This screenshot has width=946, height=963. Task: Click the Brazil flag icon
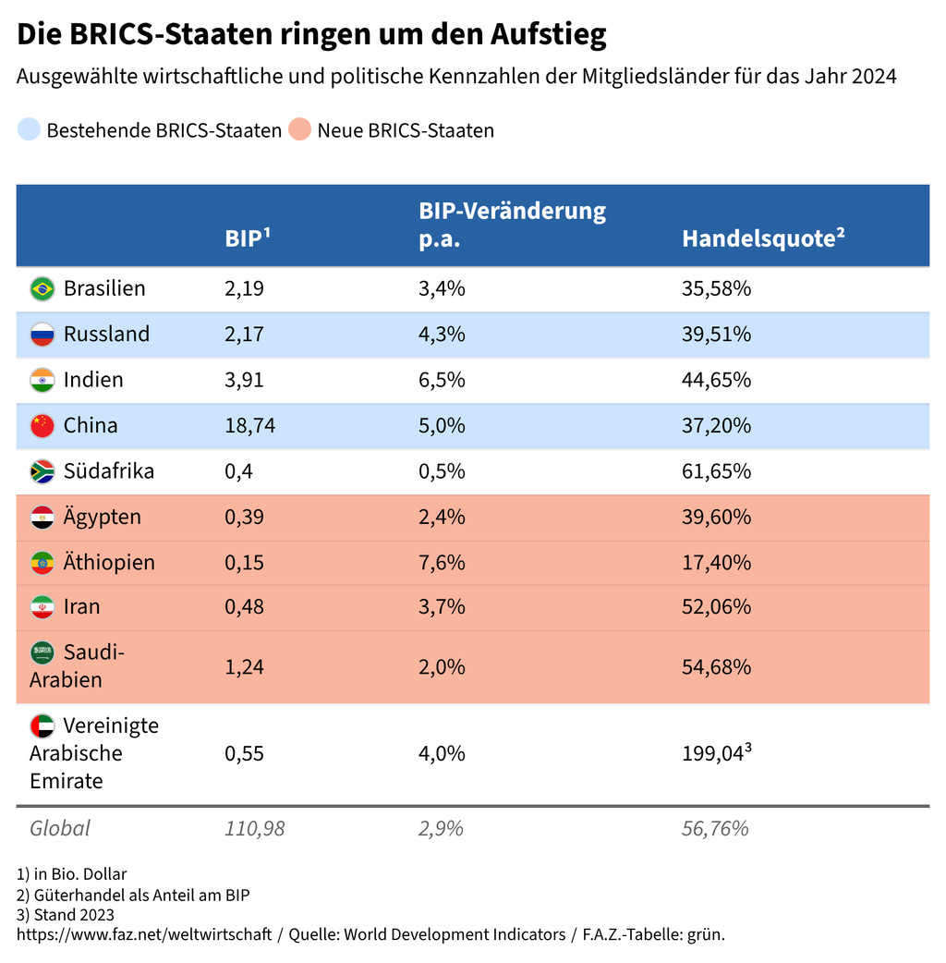42,288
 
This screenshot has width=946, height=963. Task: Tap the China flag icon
42,426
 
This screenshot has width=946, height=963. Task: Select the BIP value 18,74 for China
249,426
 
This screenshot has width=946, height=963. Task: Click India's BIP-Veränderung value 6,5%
442,380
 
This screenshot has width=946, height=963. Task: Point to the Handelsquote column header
763,238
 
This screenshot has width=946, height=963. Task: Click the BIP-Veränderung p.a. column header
512,225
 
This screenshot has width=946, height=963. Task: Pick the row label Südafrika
108,471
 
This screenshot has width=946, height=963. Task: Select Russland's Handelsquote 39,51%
716,335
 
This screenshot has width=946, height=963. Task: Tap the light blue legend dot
29,130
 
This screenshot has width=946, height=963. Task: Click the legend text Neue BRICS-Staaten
405,130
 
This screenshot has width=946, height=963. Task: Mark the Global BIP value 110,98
254,828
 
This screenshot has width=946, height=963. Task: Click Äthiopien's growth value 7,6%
442,563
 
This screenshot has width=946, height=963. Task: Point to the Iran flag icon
42,607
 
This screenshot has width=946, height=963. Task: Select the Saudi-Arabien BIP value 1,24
244,667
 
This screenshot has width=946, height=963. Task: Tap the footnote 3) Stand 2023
66,915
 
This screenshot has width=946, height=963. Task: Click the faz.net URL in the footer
144,934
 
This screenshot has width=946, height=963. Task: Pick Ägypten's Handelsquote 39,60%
716,517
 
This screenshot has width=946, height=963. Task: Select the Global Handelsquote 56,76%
715,828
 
